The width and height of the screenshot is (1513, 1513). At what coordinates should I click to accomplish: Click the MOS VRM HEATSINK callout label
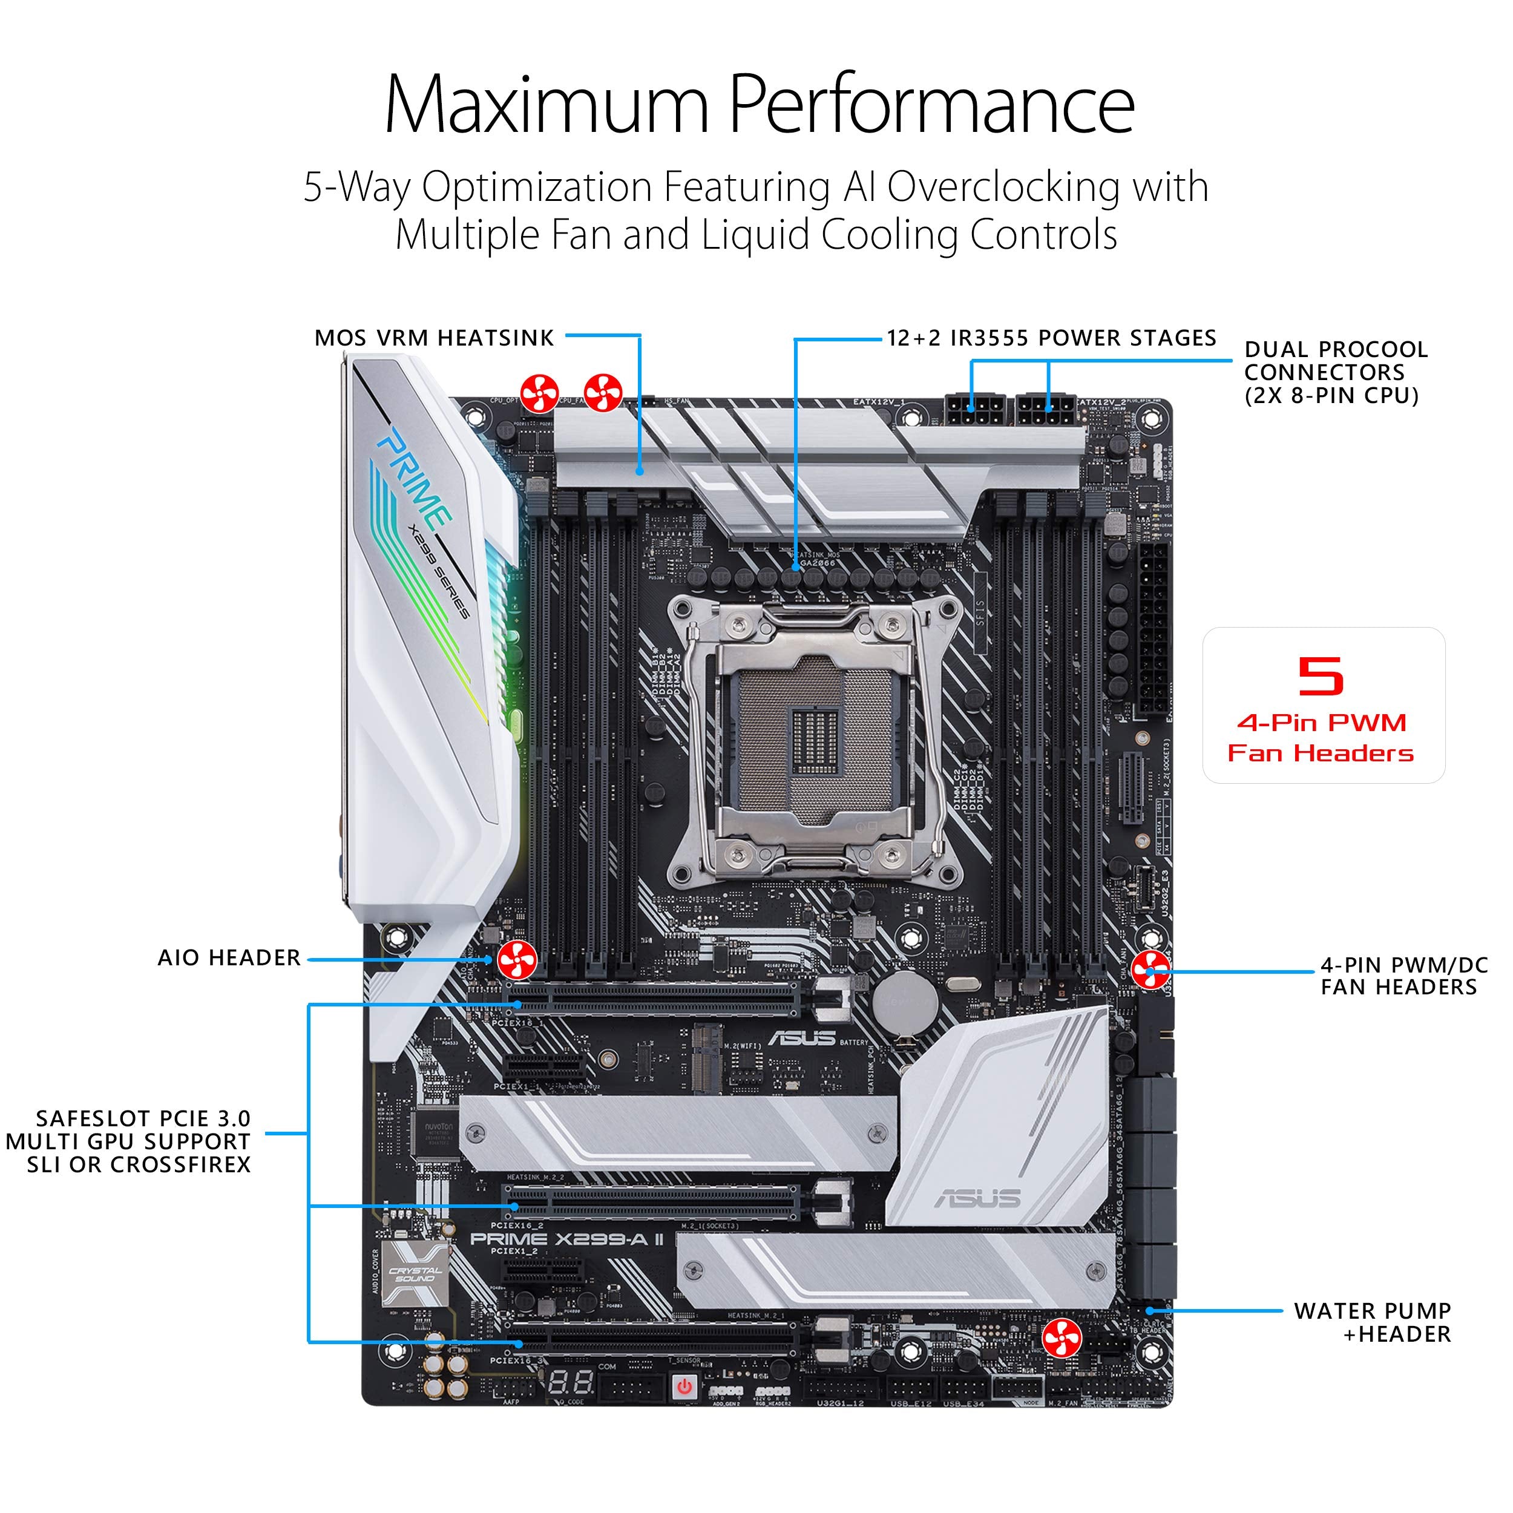(x=434, y=338)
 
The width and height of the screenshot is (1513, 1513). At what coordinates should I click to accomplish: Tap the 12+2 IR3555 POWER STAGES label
(x=1051, y=338)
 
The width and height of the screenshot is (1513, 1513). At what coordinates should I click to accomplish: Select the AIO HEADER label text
(x=229, y=958)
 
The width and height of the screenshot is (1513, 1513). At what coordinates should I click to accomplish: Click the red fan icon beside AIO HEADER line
(x=517, y=959)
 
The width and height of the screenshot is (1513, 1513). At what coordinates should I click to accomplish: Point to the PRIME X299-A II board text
(x=567, y=1239)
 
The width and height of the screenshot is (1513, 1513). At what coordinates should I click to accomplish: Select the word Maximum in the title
(x=546, y=106)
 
